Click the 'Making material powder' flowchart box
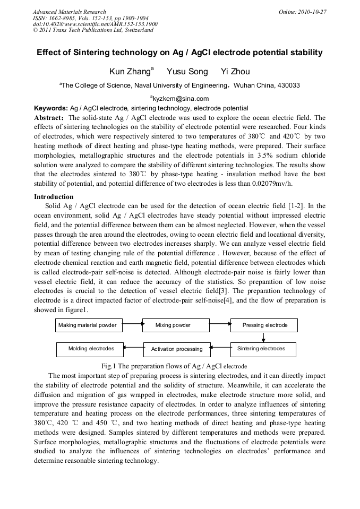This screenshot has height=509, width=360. point(89,325)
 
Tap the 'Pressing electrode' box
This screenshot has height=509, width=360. point(264,325)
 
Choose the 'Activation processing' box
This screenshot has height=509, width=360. point(176,349)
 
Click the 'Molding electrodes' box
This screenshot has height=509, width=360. point(90,349)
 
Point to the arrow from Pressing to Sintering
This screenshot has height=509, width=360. point(263,337)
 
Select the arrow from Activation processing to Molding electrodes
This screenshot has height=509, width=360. point(133,348)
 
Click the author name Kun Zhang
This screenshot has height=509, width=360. point(131,72)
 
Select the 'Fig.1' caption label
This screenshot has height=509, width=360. point(109,366)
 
